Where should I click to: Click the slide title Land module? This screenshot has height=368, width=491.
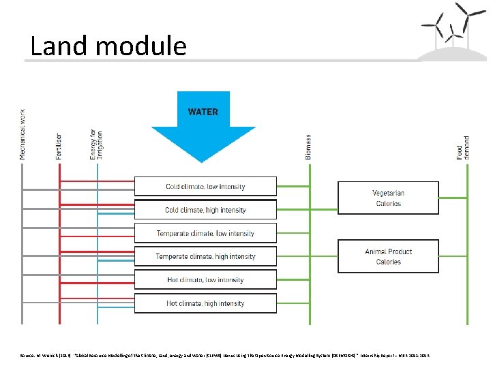108,46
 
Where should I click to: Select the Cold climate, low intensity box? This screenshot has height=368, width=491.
205,186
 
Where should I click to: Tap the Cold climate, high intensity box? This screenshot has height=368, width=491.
205,210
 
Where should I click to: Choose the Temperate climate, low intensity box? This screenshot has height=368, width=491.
205,233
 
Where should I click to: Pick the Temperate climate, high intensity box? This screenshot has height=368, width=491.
205,256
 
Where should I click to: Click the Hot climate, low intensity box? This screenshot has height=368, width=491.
205,279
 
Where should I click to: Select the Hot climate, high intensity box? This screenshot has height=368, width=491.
205,303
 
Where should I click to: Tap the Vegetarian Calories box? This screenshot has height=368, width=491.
388,198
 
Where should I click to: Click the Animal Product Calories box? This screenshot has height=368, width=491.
388,256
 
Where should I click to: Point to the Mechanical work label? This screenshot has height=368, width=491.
23,134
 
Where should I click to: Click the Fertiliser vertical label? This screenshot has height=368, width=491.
59,146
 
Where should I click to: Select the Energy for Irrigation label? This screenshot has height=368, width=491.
96,144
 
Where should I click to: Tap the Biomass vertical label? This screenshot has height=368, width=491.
308,147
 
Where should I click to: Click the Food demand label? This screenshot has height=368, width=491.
463,147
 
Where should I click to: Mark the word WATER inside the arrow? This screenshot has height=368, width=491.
203,112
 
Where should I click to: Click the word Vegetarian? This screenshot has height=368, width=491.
388,193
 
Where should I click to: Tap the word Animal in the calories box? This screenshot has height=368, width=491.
377,251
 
